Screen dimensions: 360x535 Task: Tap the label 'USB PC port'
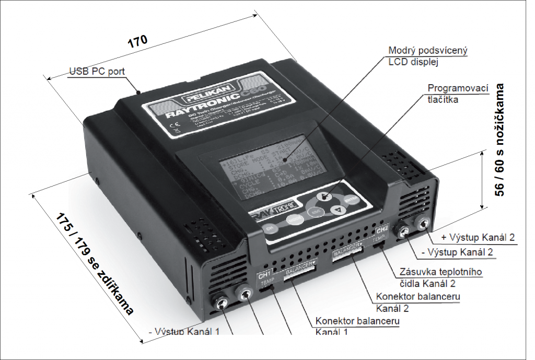coord(97,71)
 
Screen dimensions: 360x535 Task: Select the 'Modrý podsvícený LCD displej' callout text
coord(428,56)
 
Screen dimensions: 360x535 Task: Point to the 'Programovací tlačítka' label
coord(451,94)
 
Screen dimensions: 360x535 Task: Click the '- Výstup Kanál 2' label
coord(457,252)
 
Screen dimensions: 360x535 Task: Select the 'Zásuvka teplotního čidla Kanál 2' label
coord(440,277)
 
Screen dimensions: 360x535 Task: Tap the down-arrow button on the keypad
coord(338,210)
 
